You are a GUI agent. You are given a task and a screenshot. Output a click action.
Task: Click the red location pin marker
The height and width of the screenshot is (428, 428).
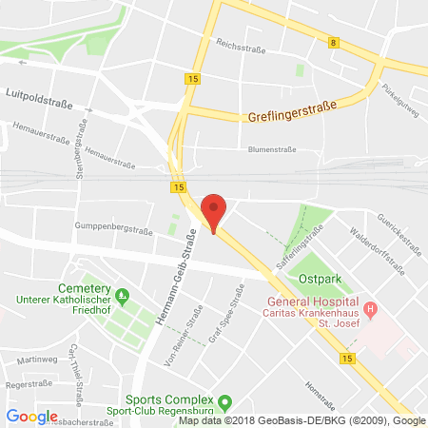[215, 211]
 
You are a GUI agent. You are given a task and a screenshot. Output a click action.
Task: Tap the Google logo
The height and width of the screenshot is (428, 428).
[31, 416]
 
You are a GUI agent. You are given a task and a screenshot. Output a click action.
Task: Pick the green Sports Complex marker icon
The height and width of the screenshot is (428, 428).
[225, 402]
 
